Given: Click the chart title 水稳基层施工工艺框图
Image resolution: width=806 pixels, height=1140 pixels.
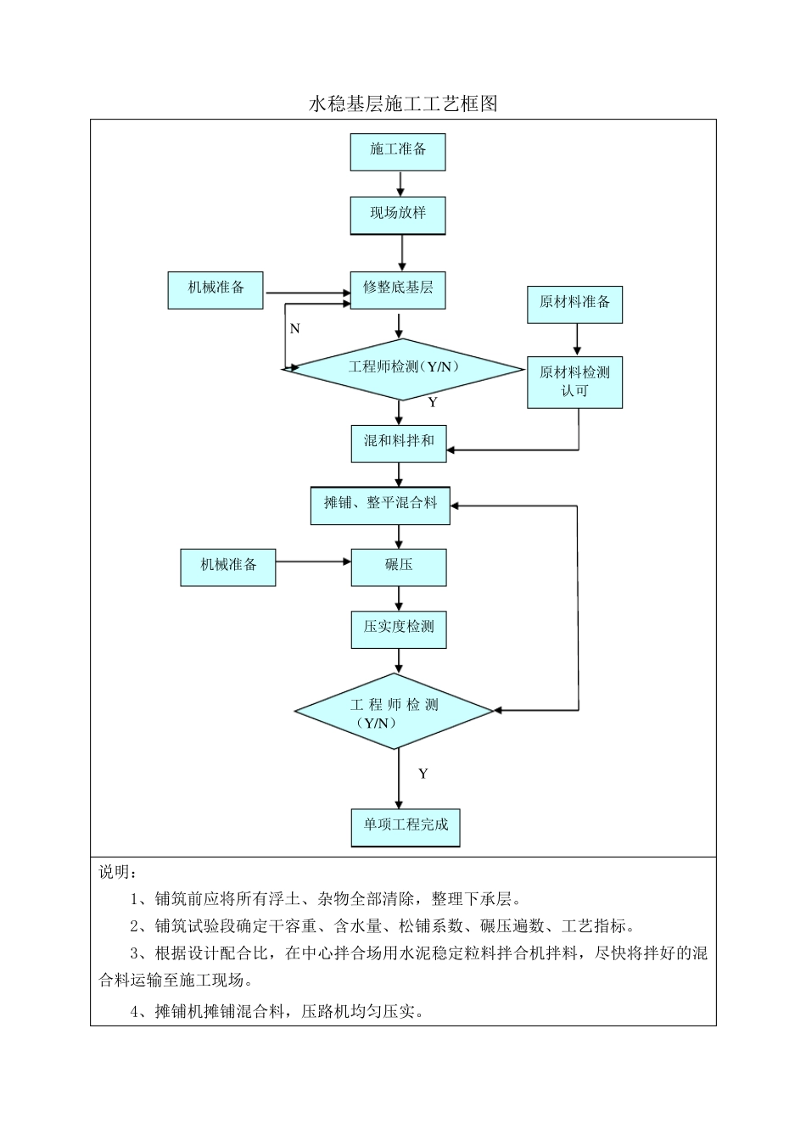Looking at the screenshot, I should point(402,104).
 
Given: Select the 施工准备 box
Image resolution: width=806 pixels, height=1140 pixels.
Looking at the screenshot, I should point(398,151).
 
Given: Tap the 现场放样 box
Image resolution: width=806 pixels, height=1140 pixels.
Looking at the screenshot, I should point(398,215).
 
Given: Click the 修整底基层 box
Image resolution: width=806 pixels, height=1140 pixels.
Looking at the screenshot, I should point(398,288).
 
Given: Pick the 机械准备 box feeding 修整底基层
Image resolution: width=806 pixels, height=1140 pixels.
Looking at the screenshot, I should point(215,289).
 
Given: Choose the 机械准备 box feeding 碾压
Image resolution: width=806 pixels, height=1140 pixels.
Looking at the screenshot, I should point(228,566).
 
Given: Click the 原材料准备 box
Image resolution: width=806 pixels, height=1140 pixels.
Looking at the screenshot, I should point(575,304).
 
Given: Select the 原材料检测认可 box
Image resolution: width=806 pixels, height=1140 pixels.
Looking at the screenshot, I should point(575,382).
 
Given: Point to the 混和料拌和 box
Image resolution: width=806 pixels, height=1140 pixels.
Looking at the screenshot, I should point(399,443).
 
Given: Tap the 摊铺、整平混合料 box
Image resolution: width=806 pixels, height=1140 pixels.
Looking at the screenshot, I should point(380,505).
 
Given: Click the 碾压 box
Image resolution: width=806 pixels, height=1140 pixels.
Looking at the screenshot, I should point(399,566).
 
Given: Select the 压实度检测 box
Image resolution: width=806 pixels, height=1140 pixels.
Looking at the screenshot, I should point(399,629).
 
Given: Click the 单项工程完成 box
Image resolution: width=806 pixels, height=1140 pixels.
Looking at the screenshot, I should point(406,826).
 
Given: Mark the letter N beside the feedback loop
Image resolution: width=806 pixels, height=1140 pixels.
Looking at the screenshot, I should point(294,328).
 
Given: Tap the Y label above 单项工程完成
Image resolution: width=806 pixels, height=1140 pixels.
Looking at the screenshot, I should point(423,774).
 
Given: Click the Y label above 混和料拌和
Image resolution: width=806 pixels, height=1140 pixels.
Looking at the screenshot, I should point(432,402).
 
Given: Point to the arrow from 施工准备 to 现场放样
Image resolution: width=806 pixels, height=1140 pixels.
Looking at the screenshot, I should point(400,184).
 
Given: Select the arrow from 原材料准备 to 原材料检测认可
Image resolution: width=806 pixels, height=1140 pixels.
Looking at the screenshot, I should point(578,339).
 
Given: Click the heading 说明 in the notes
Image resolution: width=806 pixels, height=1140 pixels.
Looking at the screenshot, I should point(116,872).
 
